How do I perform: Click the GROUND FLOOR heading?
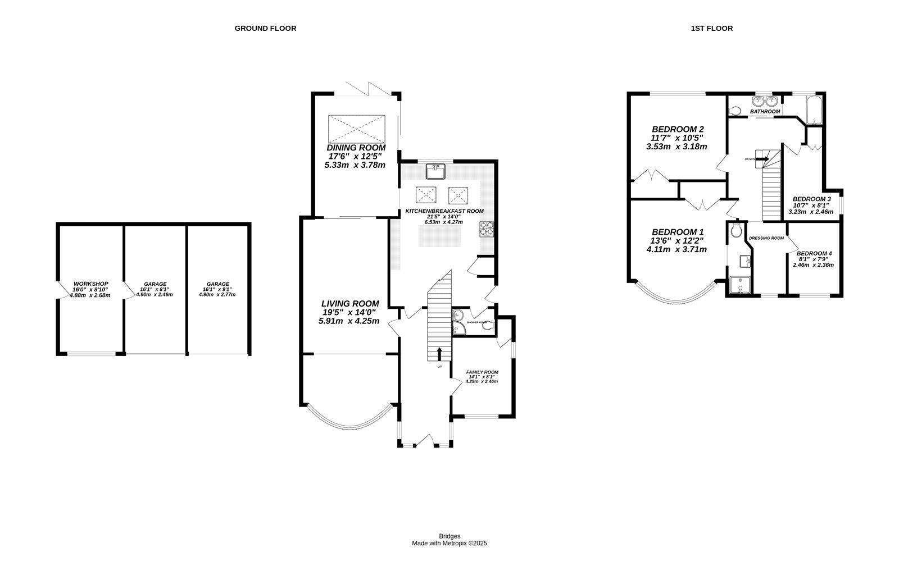pyautogui.click(x=265, y=28)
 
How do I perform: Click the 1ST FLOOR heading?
pyautogui.click(x=711, y=28)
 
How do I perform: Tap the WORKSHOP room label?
pyautogui.click(x=90, y=284)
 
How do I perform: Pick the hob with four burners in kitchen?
pyautogui.click(x=486, y=229)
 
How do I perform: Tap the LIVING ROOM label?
pyautogui.click(x=350, y=303)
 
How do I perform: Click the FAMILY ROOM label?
pyautogui.click(x=482, y=372)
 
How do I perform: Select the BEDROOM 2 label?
pyautogui.click(x=677, y=128)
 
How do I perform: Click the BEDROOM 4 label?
pyautogui.click(x=814, y=253)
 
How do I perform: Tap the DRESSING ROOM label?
pyautogui.click(x=766, y=238)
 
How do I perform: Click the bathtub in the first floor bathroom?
pyautogui.click(x=812, y=110)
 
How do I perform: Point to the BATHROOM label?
pyautogui.click(x=765, y=112)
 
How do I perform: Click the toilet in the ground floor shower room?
pyautogui.click(x=490, y=325)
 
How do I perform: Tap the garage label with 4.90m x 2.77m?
pyautogui.click(x=217, y=284)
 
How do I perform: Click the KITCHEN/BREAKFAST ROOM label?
pyautogui.click(x=444, y=211)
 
